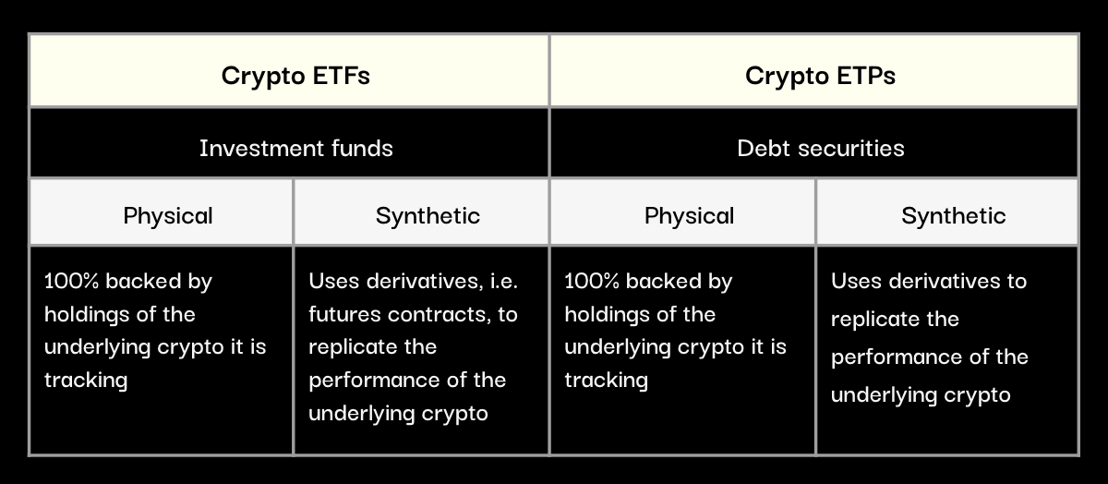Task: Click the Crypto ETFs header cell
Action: [x=289, y=70]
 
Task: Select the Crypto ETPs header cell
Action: [x=814, y=70]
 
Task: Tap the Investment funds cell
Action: [x=289, y=142]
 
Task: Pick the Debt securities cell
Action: [x=814, y=142]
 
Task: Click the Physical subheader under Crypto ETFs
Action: [x=162, y=212]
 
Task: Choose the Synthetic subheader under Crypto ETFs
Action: [x=421, y=212]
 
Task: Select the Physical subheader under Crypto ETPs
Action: [x=682, y=212]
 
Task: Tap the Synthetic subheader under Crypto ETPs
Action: [x=947, y=212]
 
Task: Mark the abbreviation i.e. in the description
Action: [x=503, y=281]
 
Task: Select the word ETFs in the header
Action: [x=342, y=76]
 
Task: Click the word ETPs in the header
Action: [x=866, y=76]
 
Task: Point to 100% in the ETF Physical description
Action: [x=71, y=281]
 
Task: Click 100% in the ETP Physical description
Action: [x=592, y=281]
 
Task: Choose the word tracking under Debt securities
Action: [x=606, y=381]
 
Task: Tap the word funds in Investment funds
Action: [x=362, y=148]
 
